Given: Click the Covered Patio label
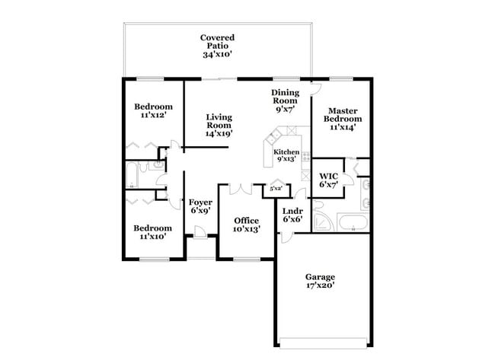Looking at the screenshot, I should point(217,46).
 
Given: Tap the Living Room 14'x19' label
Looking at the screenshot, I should point(219,126).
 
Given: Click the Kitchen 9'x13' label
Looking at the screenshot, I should point(286,156).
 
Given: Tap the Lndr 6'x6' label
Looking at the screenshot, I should point(292,215).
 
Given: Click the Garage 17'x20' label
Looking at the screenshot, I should point(321,281).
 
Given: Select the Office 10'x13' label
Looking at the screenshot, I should point(246,225).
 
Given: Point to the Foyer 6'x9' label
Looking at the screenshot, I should point(200,206).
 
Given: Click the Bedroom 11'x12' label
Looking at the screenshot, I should point(153,111).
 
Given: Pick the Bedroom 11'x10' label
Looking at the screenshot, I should point(153,232).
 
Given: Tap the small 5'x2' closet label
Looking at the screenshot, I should point(276,188).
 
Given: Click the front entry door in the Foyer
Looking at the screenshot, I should point(199,232).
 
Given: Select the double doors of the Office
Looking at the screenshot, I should point(241,187).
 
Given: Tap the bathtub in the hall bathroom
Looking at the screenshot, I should point(136,175).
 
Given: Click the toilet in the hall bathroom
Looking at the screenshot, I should point(162,180).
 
